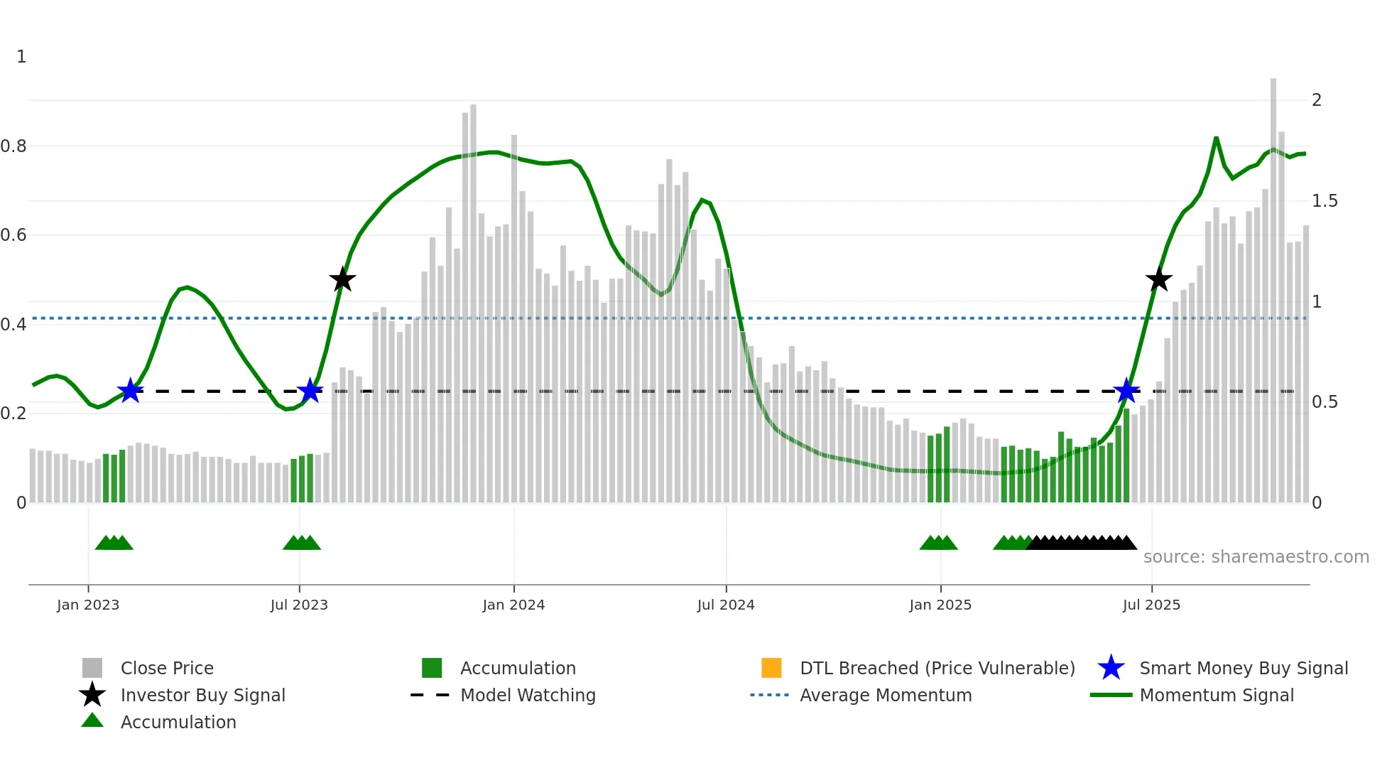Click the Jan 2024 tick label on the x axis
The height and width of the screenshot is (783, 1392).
coord(513,605)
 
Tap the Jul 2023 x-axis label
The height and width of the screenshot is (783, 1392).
coord(299,605)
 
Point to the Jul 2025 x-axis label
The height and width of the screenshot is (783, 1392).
coord(1151,605)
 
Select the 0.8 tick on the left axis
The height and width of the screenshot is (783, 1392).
coord(13,146)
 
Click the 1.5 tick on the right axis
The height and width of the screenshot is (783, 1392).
coord(1325,201)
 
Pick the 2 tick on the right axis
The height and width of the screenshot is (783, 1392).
coord(1317,100)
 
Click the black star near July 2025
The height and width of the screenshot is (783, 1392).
coord(1159,280)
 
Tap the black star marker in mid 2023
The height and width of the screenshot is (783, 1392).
coord(342,280)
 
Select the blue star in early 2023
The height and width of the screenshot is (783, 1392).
coord(130,391)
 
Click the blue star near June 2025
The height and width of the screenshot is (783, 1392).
coord(1126,391)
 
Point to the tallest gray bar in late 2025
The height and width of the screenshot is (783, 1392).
coord(1273,284)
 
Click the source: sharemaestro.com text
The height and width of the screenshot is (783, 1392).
coord(1256,557)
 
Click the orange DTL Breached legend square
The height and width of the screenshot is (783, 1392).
coord(771,668)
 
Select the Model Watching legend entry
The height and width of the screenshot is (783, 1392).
coord(527,695)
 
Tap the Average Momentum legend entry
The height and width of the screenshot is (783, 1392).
coord(885,695)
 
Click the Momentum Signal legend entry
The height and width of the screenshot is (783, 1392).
coord(1216,695)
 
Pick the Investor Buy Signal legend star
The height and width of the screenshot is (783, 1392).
coord(92,695)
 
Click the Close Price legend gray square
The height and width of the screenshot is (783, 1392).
coord(92,668)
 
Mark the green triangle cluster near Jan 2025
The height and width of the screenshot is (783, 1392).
coord(938,544)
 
